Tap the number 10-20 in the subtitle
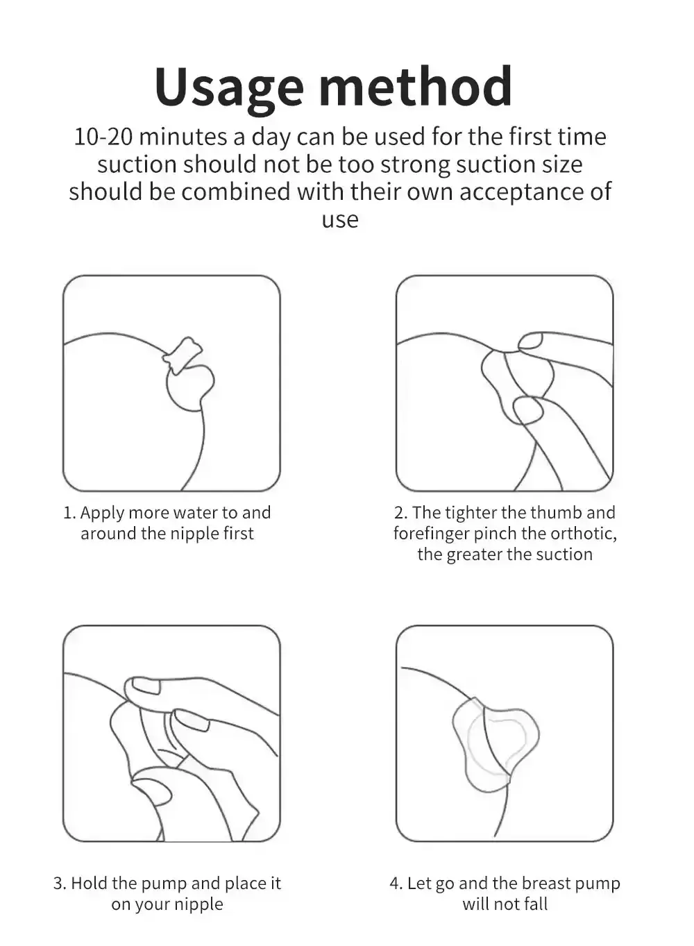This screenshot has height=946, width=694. click(103, 137)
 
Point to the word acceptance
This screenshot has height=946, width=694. click(520, 193)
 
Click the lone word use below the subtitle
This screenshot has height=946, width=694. click(340, 220)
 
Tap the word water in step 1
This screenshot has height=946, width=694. click(195, 513)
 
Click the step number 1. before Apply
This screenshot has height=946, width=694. click(69, 513)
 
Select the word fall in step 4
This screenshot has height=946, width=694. click(536, 904)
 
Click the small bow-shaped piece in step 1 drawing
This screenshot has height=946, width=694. click(182, 355)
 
